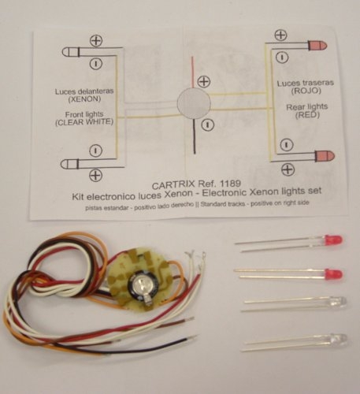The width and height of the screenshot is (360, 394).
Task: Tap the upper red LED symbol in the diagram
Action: pos(317,46)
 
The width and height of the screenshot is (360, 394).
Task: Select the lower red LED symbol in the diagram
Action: pos(325,156)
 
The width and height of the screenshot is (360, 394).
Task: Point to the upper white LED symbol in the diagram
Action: pos(71,52)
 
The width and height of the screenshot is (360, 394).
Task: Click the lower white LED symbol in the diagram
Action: pos(69,164)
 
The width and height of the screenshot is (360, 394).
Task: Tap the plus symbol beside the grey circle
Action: pos(204,82)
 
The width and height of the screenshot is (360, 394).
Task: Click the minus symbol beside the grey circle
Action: pos(208,125)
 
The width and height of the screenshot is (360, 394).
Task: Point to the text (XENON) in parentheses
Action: pos(84,99)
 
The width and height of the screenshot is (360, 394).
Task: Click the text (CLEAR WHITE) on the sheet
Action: pos(84,122)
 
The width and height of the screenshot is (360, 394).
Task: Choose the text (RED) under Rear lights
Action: pos(307,115)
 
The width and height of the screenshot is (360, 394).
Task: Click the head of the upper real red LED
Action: pos(333,240)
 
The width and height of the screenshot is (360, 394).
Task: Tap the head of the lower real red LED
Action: pos(334,274)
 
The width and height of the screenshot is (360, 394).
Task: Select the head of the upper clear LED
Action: pos(337,302)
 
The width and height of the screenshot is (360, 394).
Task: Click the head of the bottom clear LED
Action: pos(338,339)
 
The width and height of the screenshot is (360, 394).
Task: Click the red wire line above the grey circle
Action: pos(192,72)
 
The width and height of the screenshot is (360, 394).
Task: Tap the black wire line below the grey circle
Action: pos(195,136)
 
